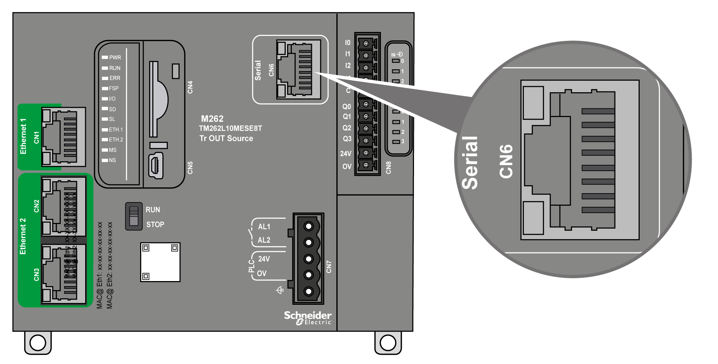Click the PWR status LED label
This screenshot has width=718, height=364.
click(115, 57)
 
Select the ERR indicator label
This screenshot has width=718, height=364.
click(115, 78)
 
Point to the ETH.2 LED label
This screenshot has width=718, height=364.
click(116, 140)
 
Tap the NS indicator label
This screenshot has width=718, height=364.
click(112, 160)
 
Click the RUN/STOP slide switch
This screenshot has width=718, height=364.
click(134, 216)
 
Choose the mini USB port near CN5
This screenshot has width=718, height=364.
click(156, 165)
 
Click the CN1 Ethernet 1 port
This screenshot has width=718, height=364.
click(64, 137)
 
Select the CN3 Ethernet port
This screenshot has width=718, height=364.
click(64, 274)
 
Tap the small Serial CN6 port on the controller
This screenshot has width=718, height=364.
click(298, 69)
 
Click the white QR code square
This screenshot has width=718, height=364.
click(160, 262)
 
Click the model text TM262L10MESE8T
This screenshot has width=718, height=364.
click(230, 129)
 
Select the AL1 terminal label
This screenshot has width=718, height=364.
click(264, 227)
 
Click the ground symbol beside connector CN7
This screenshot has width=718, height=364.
click(280, 290)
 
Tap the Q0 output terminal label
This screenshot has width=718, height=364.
click(346, 107)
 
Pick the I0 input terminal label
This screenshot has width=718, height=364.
click(348, 43)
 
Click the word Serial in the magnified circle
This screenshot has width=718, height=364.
click(470, 163)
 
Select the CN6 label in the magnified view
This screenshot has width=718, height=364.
click(506, 161)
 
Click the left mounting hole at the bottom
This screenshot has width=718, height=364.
click(38, 342)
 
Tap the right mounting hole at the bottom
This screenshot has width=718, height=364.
click(388, 342)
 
